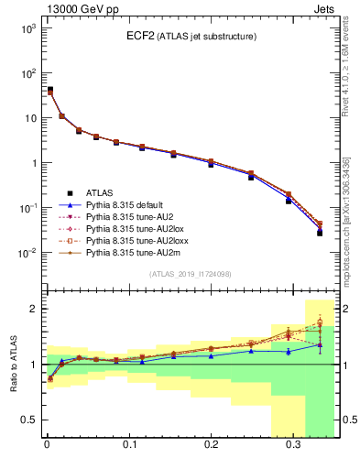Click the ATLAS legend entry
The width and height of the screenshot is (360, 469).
pos(99,193)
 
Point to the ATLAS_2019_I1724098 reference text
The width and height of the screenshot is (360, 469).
pos(189,275)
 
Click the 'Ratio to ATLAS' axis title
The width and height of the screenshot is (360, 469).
pos(14,364)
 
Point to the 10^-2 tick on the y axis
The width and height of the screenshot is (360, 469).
pos(28,253)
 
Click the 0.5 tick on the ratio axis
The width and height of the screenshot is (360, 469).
pos(30,420)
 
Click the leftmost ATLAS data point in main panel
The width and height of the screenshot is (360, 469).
pos(49,90)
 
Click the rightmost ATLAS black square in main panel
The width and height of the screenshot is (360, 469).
pos(320,233)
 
